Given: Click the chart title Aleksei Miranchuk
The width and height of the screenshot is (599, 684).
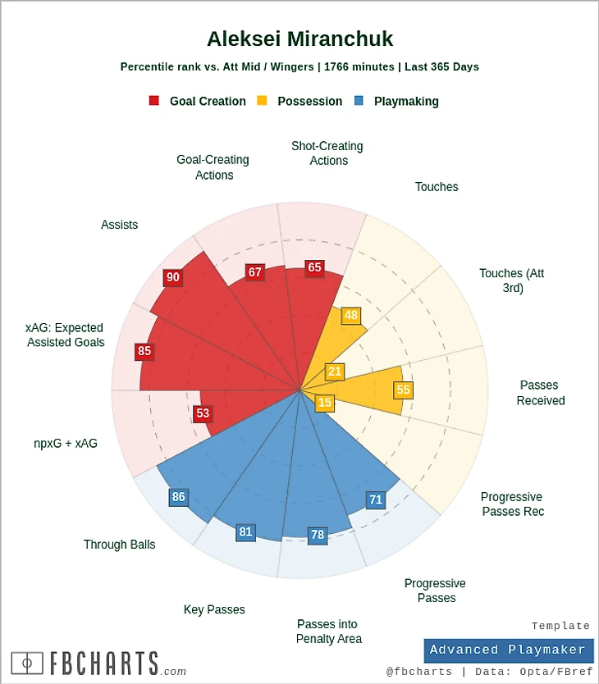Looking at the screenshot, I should point(299,39).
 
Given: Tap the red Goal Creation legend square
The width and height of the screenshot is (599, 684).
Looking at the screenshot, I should point(154,101).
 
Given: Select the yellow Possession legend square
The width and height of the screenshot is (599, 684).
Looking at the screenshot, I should point(262,101).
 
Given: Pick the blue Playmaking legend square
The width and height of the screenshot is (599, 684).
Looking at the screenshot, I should point(359,101).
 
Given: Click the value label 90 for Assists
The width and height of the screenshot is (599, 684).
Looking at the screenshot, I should point(172,278).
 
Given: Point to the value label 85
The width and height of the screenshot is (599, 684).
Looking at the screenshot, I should point(144,352).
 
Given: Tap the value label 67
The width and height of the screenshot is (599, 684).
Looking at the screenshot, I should point(255,272).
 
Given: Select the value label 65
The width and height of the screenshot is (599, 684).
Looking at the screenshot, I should point(314,267).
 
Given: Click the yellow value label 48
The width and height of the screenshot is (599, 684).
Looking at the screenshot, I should point(351,316).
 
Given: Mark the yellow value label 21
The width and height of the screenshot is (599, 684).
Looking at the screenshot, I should point(335,372).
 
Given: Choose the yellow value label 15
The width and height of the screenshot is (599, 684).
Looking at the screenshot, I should point(325,403).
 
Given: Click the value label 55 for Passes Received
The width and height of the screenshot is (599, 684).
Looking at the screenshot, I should point(403,390).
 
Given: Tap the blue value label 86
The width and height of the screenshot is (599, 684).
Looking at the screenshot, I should point(179,497).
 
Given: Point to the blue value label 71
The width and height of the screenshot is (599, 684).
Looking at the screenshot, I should point(376,499).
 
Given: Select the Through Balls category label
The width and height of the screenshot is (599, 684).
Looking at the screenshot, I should point(119,545).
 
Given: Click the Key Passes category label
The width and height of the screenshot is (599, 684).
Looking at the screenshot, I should point(214,609).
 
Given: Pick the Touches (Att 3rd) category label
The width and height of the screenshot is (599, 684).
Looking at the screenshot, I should point(512,280).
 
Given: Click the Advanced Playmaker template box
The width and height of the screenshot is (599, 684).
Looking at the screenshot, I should point(508,650).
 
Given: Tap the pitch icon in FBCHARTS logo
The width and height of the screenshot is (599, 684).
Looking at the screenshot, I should point(27,663).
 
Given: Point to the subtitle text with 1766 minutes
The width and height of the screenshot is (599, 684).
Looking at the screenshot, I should point(299,67).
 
